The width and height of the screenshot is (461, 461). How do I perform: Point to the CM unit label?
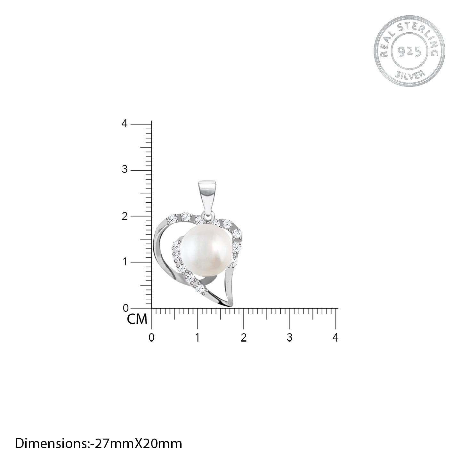[x=137, y=319]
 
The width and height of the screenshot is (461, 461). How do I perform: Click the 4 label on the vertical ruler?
[x=125, y=124]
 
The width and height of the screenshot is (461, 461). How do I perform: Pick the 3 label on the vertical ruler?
[x=125, y=170]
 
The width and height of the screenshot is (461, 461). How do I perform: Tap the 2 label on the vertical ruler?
[x=125, y=216]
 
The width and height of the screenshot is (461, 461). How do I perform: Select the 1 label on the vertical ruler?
[x=125, y=262]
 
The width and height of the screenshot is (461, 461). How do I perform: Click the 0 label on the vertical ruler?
[x=125, y=309]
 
